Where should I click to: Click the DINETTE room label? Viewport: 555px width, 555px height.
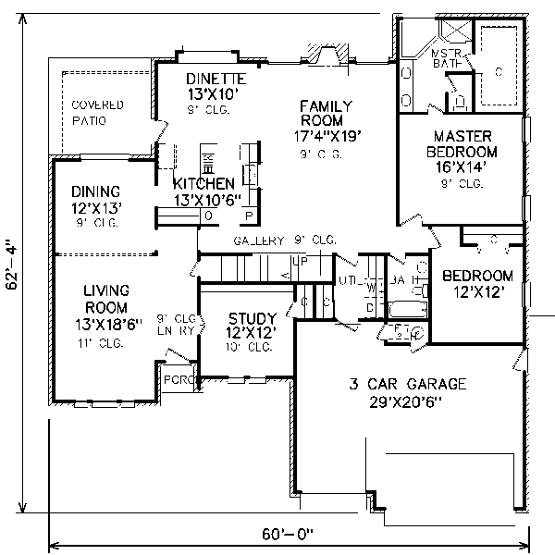(x=215, y=78)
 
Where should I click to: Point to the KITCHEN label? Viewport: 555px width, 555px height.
(x=204, y=183)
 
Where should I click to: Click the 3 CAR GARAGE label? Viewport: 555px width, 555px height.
(x=408, y=383)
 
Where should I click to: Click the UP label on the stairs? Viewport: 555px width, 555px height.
(x=300, y=261)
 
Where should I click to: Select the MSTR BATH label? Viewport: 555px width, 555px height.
(x=448, y=61)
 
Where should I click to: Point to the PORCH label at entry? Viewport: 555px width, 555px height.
(x=175, y=380)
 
